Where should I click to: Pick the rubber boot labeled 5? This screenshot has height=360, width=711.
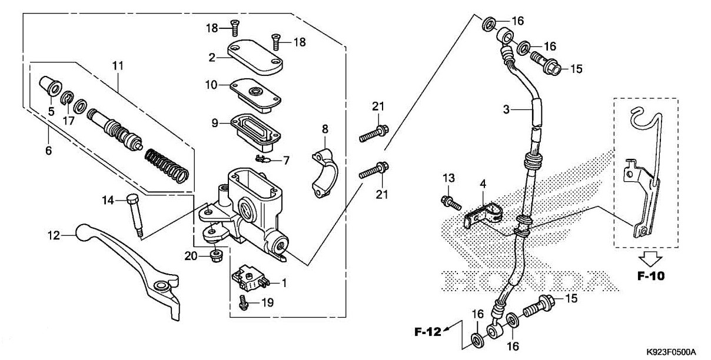(x=48, y=85)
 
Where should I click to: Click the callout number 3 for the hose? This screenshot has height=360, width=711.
(x=505, y=109)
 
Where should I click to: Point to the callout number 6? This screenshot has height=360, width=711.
(x=48, y=151)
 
